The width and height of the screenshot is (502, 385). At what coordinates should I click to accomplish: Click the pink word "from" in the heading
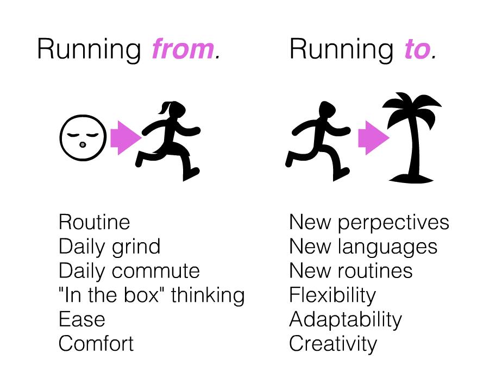183,49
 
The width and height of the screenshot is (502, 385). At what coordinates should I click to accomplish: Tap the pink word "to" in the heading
416,49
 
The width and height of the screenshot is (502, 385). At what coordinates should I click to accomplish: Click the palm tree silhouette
413,136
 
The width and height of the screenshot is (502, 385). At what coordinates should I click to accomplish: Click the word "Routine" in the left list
95,222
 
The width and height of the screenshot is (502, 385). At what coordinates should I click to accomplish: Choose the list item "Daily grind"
110,247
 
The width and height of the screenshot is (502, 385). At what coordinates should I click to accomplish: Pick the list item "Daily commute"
129,270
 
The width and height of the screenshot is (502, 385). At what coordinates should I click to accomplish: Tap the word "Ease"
82,319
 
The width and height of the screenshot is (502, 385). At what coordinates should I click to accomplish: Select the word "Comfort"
96,344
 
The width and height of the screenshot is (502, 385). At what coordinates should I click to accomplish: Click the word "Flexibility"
332,295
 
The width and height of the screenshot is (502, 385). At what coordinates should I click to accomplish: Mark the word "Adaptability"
346,319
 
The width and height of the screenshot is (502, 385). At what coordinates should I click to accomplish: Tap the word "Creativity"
333,344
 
